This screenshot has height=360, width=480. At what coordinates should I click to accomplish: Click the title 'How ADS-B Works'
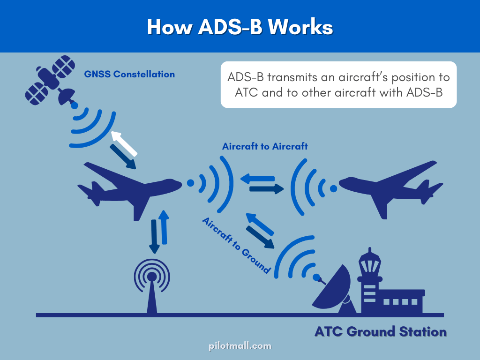pyautogui.click(x=240, y=27)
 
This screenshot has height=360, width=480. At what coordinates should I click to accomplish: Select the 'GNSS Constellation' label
pyautogui.click(x=129, y=74)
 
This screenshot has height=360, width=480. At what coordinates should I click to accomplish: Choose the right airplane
pyautogui.click(x=391, y=187)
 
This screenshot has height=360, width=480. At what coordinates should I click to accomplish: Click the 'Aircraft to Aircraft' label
pyautogui.click(x=265, y=146)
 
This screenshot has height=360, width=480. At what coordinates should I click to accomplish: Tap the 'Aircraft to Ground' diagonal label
pyautogui.click(x=236, y=246)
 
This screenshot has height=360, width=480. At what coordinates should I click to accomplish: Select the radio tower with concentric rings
pyautogui.click(x=151, y=281)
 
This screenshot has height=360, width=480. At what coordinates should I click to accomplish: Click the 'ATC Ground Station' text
pyautogui.click(x=380, y=332)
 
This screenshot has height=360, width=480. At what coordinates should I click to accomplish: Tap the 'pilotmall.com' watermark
pyautogui.click(x=240, y=346)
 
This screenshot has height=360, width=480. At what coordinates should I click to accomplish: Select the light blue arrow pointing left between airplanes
pyautogui.click(x=257, y=179)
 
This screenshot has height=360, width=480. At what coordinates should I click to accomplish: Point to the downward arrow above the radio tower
pyautogui.click(x=154, y=236)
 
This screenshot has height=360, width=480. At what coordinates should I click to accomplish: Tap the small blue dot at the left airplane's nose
pyautogui.click(x=190, y=183)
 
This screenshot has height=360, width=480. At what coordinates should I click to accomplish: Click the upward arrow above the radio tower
pyautogui.click(x=163, y=227)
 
